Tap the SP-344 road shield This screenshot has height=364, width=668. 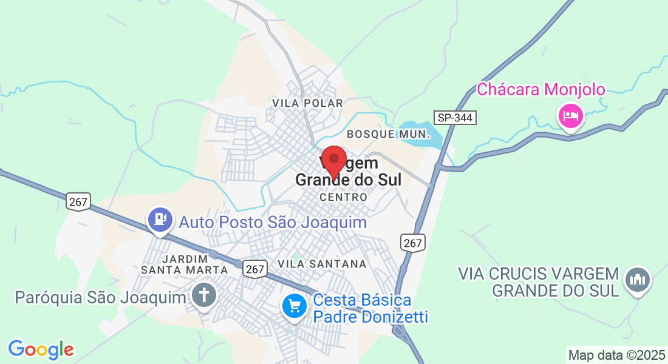click(455, 118)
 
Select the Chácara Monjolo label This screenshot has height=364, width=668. click(540, 90)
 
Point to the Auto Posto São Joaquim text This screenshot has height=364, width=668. click(273, 222)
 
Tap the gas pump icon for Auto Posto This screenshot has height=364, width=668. click(160, 219)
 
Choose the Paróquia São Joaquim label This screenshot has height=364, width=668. click(100, 297)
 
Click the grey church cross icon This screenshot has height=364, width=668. click(205, 295)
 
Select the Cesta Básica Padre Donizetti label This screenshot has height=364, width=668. click(370, 308)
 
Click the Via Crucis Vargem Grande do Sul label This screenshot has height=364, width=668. click(539, 281)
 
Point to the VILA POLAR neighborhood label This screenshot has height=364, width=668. click(308, 103)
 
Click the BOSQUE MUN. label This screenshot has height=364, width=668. click(388, 133)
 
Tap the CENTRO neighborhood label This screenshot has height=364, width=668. click(343, 197)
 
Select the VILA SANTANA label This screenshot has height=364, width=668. click(322, 264)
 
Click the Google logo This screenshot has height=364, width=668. click(41, 349)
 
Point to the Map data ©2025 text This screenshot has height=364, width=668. click(616, 355)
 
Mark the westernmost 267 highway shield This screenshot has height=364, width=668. click(78, 201)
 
